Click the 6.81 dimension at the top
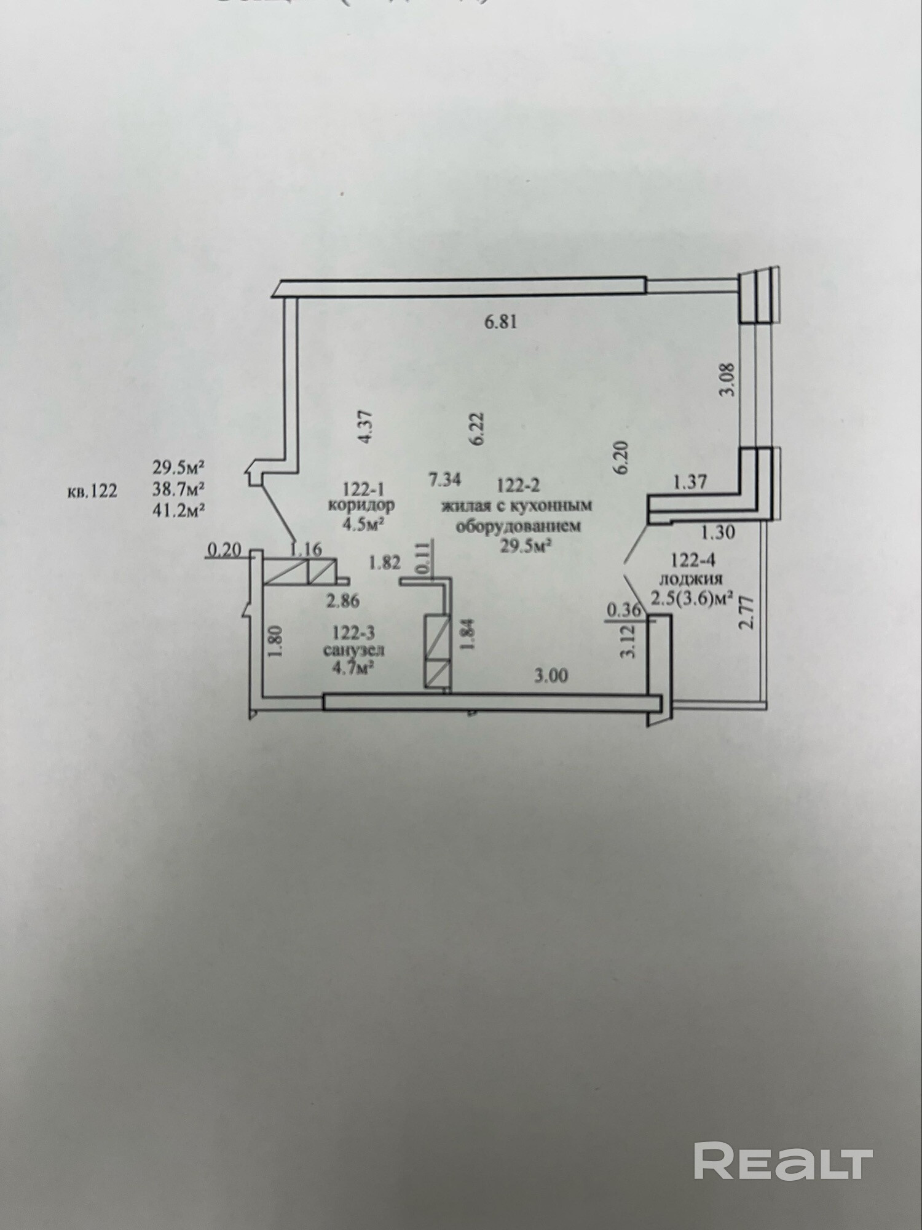coord(500,322)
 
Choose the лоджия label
coord(690,579)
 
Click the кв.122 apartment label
coord(92,491)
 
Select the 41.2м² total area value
coord(178,510)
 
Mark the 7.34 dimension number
coord(445,479)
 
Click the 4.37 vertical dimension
coord(366,428)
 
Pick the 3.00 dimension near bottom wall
coord(551,676)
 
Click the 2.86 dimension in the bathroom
coord(343,600)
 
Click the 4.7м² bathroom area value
coord(355,669)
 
